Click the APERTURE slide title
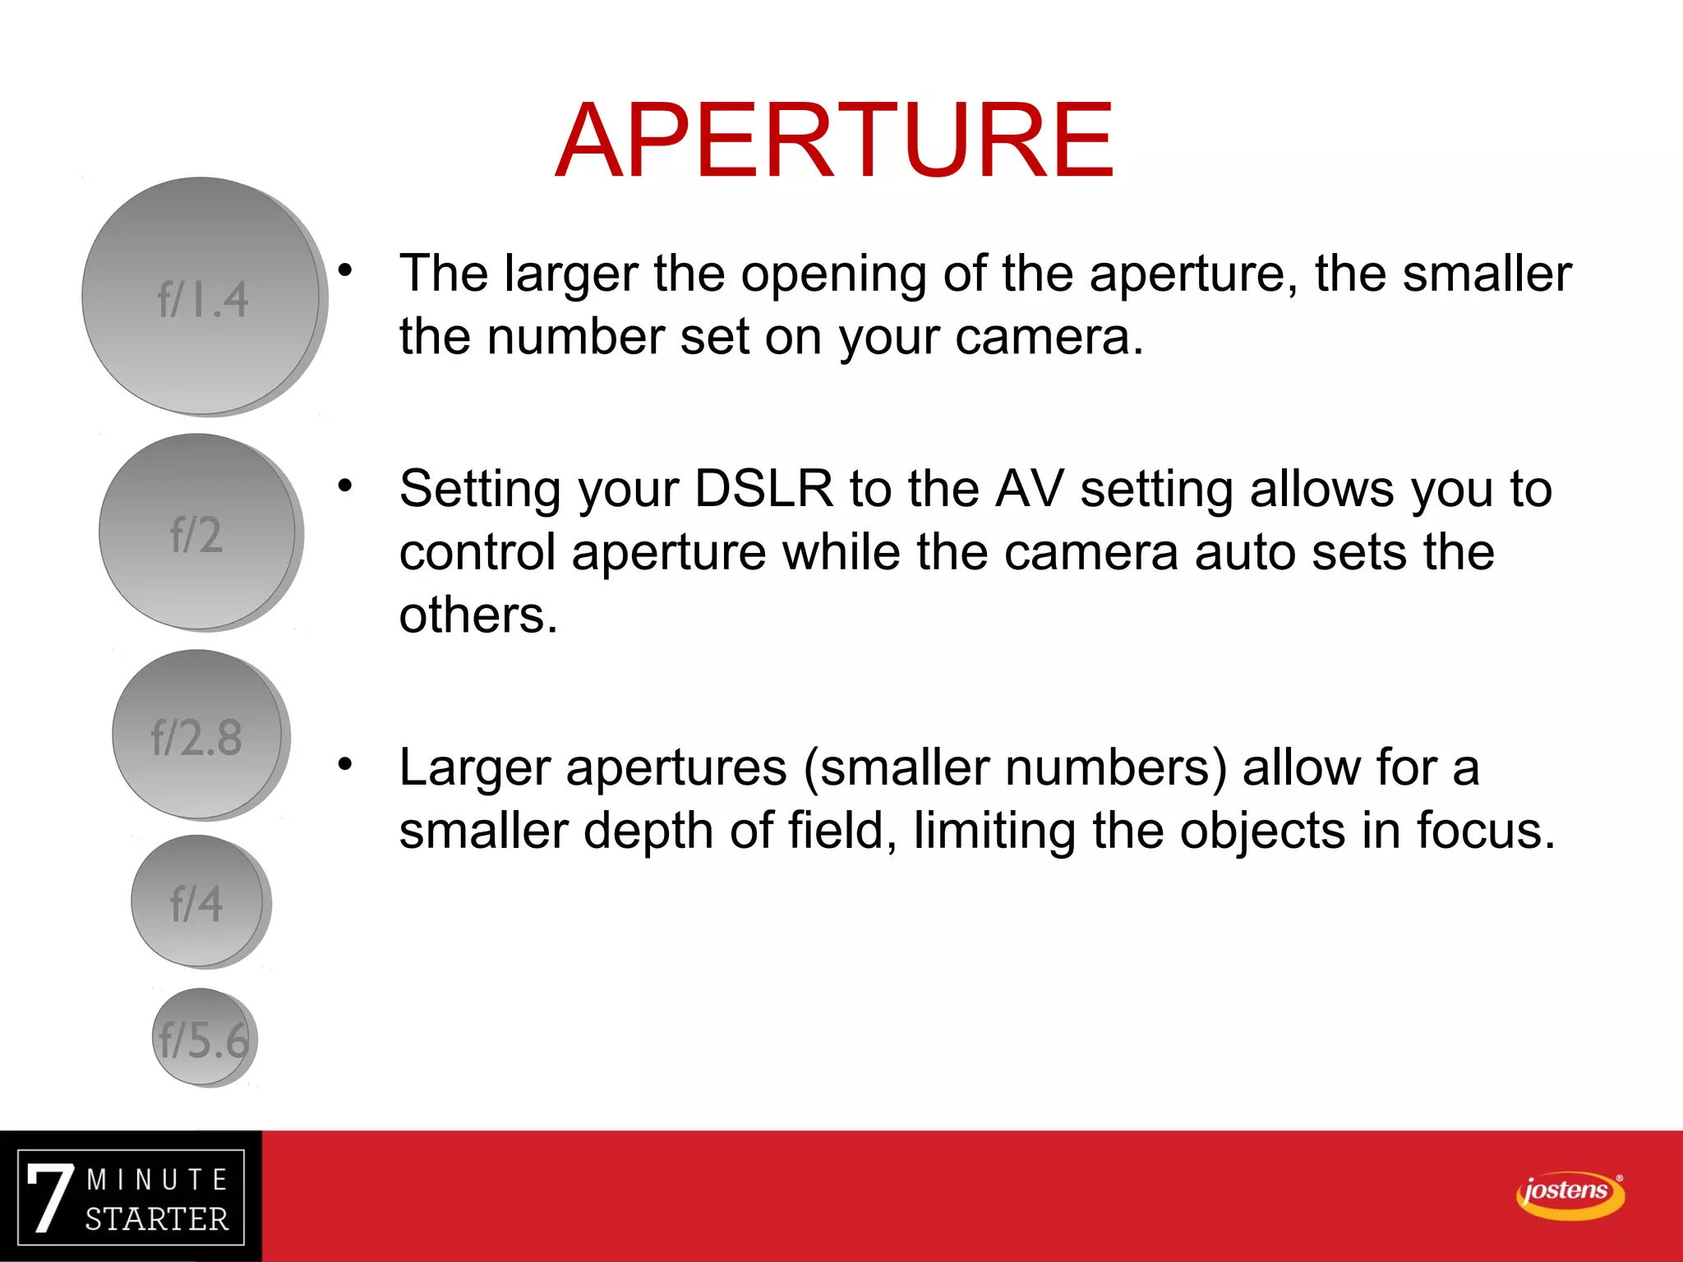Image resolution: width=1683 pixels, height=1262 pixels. [x=834, y=140]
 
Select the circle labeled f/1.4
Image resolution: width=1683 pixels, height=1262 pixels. [x=202, y=297]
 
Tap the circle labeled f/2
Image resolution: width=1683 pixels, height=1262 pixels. [x=197, y=532]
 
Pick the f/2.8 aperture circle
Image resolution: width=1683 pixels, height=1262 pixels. [x=197, y=735]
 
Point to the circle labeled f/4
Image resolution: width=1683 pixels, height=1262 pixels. [x=197, y=901]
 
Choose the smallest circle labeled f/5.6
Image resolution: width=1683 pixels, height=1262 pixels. [x=203, y=1037]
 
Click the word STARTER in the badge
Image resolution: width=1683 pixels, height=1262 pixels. [x=156, y=1219]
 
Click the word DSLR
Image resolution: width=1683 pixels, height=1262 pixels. [x=763, y=489]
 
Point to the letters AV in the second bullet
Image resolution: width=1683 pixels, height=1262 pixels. [x=1029, y=489]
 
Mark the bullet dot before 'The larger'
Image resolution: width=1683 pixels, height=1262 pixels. [x=345, y=269]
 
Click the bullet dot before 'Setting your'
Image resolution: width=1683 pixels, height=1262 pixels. [x=345, y=485]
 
